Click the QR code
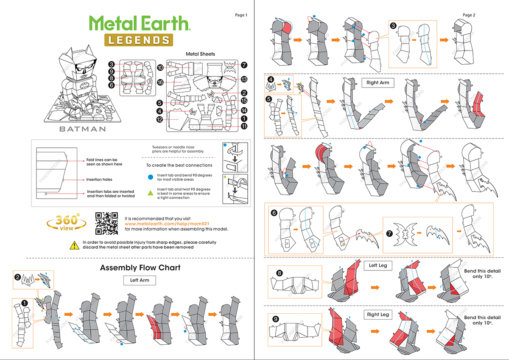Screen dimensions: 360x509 [x=106, y=223]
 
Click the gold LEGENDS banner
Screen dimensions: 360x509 [x=138, y=40]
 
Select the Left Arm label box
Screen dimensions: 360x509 [x=140, y=280]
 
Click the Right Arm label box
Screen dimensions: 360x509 [x=378, y=83]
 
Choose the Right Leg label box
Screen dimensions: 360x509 [x=378, y=315]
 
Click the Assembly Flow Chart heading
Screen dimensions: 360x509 [x=140, y=268]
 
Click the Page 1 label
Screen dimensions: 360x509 [x=241, y=15]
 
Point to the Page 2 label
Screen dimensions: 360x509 [x=469, y=15]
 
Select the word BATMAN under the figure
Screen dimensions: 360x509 [x=82, y=129]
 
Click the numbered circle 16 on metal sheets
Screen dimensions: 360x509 [x=160, y=82]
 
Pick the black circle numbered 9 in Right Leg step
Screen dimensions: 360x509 [x=276, y=319]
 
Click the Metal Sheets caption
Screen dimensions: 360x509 [x=200, y=54]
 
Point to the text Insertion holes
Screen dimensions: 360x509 [x=99, y=180]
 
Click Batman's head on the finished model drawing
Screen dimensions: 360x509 [x=79, y=64]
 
